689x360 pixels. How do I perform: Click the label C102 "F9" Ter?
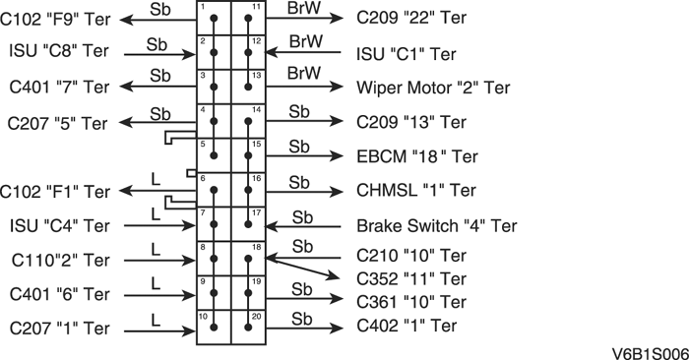57,18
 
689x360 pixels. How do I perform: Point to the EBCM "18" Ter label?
417,156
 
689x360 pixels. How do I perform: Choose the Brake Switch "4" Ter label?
436,225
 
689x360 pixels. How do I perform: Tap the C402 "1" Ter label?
407,325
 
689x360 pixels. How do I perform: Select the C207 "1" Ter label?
59,327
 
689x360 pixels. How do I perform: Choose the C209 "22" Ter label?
411,18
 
